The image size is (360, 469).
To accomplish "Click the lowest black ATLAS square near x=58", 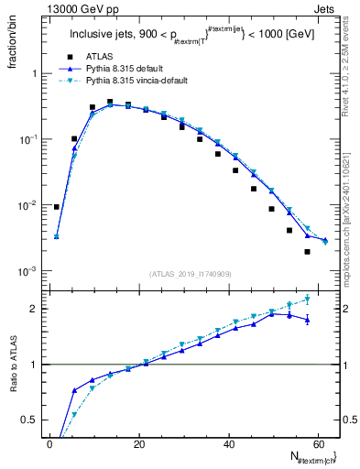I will pyautogui.click(x=308, y=251).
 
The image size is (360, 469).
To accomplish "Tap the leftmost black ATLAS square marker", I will pyautogui.click(x=57, y=207).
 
